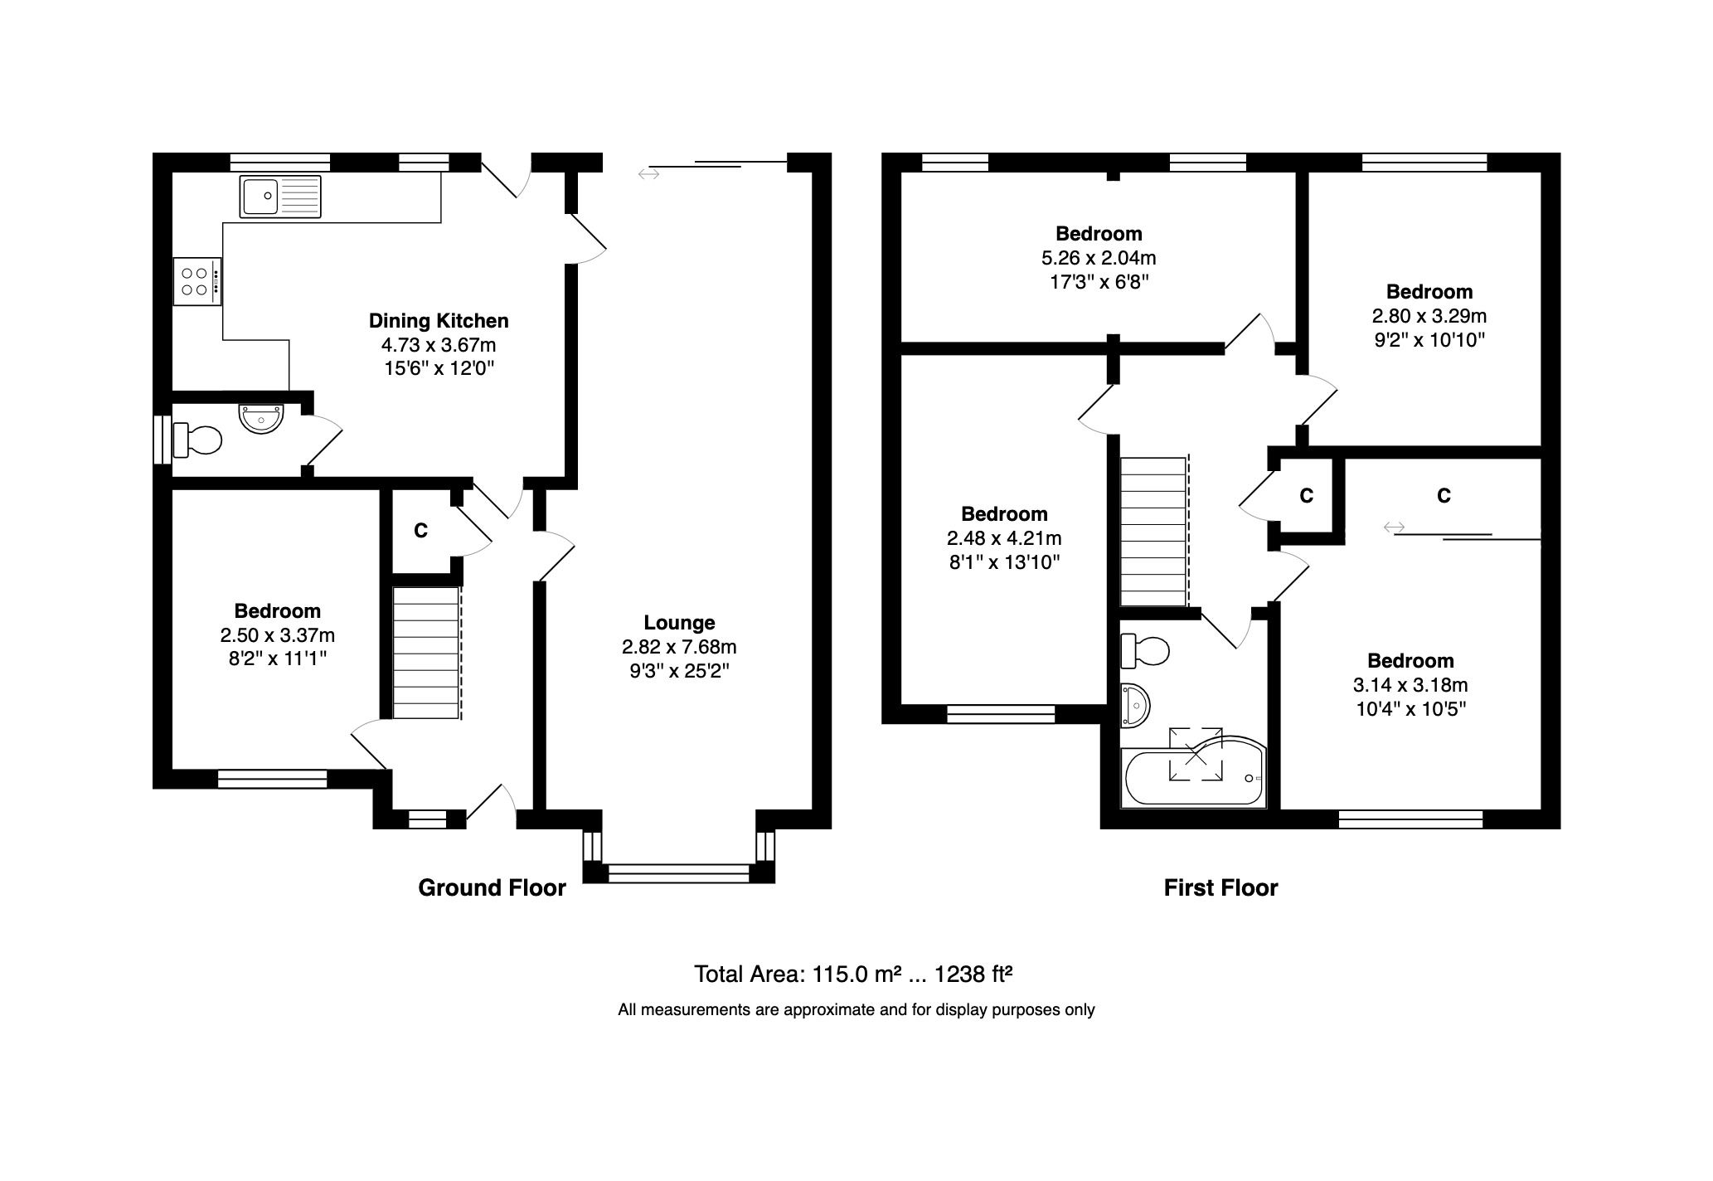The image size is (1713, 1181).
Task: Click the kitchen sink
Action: pyautogui.click(x=279, y=197)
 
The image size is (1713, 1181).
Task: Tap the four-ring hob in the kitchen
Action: pyautogui.click(x=197, y=282)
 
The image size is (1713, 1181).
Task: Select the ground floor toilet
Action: pyautogui.click(x=197, y=440)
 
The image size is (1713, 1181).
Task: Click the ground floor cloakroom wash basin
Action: pyautogui.click(x=261, y=418)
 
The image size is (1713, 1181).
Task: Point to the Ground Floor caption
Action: pyautogui.click(x=492, y=888)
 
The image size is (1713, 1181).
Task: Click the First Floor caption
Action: pyautogui.click(x=1220, y=888)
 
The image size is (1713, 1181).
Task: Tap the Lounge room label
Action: pyautogui.click(x=679, y=623)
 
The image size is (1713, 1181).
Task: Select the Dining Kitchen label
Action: pyautogui.click(x=439, y=321)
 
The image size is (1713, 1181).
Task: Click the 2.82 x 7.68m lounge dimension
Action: pyautogui.click(x=679, y=647)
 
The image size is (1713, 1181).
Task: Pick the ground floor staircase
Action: pyautogui.click(x=425, y=653)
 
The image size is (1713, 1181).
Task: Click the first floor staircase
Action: pyautogui.click(x=1153, y=532)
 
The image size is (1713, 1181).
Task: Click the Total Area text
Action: pyautogui.click(x=853, y=974)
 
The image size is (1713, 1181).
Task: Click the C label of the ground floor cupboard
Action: pyautogui.click(x=420, y=531)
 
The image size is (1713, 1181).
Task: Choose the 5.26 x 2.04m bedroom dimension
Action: pyautogui.click(x=1099, y=258)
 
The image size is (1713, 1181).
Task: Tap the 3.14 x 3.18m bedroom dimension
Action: pyautogui.click(x=1410, y=685)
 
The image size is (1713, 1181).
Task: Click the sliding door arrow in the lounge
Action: pyautogui.click(x=648, y=173)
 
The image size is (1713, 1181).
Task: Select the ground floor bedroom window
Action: pyautogui.click(x=272, y=778)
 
